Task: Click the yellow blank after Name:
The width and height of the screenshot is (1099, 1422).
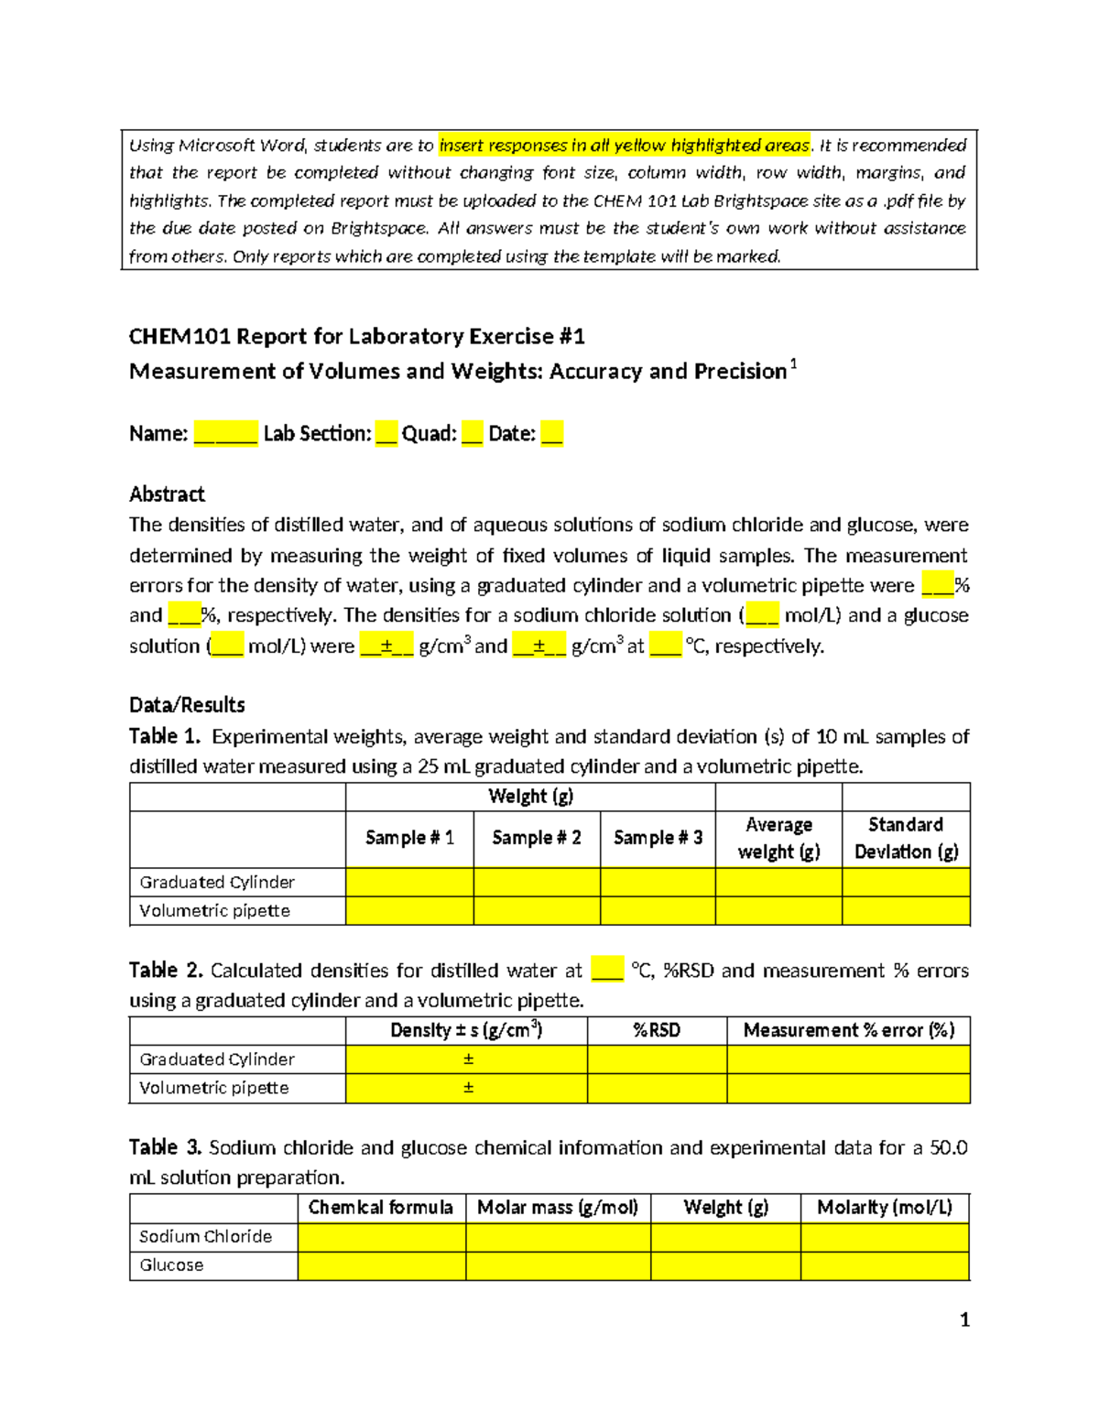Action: [x=225, y=434]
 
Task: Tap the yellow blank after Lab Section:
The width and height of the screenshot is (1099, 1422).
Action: [x=386, y=434]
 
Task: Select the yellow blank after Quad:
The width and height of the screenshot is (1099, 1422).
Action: [x=472, y=434]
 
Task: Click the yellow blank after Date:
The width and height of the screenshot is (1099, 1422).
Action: [x=551, y=434]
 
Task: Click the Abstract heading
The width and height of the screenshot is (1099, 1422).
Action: [x=167, y=494]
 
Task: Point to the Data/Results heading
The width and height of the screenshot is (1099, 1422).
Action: [x=187, y=705]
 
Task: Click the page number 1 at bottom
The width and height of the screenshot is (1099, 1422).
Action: [x=964, y=1319]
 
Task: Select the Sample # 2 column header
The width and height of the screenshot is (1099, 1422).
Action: [x=537, y=838]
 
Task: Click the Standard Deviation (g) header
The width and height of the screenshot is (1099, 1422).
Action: [x=906, y=838]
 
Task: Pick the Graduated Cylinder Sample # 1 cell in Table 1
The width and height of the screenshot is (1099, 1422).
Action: [x=409, y=883]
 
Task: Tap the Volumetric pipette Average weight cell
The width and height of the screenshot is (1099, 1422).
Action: [x=778, y=911]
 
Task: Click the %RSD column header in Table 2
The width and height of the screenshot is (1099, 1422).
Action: [x=657, y=1030]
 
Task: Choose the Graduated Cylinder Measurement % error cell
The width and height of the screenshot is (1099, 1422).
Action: [x=848, y=1059]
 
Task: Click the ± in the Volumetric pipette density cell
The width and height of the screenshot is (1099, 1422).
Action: [x=468, y=1088]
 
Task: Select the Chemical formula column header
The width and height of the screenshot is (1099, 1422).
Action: [x=381, y=1208]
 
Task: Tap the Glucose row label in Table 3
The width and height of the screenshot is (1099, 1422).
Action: [x=171, y=1265]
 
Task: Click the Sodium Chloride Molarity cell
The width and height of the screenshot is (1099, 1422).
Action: [x=884, y=1237]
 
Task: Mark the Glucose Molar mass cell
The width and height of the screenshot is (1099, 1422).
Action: [x=558, y=1265]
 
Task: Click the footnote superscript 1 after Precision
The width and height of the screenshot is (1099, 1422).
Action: [x=793, y=364]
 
